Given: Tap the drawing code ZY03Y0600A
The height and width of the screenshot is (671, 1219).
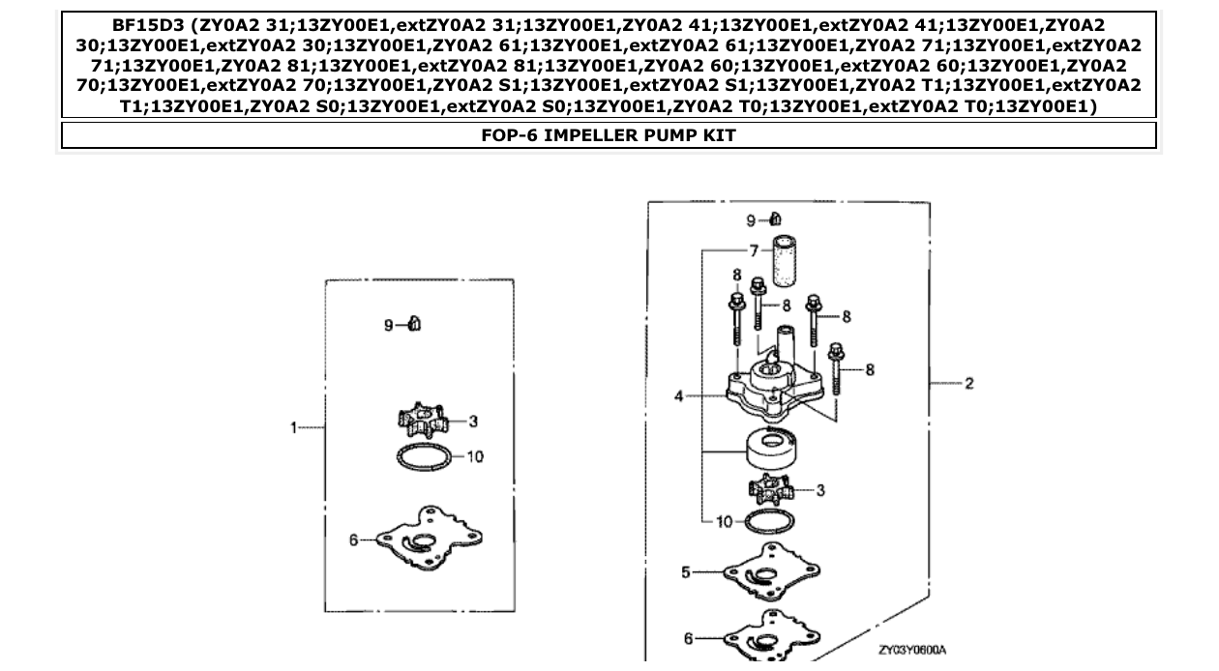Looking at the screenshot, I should (x=912, y=650).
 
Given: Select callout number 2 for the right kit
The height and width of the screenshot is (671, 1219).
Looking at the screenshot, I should (x=968, y=384).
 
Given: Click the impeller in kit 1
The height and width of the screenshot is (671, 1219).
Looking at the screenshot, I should (x=423, y=421).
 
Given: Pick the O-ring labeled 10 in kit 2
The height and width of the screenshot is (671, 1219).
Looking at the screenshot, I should (x=770, y=523).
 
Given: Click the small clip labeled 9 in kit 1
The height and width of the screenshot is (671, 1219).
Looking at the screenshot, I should (x=414, y=324).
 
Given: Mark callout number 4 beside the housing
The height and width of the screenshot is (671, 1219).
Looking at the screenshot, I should (x=679, y=395).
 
